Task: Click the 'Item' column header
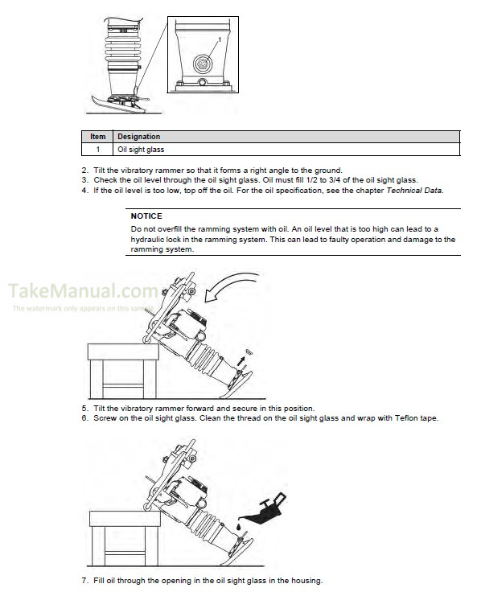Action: [x=98, y=137]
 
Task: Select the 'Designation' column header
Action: [x=138, y=137]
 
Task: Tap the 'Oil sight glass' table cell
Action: [x=141, y=150]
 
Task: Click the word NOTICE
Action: [x=146, y=216]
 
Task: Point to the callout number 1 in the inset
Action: [x=220, y=39]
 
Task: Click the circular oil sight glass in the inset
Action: [x=203, y=63]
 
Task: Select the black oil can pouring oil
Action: [x=265, y=510]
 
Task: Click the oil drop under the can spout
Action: [x=239, y=526]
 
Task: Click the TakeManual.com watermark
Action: [x=83, y=290]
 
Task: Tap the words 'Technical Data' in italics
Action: [x=414, y=191]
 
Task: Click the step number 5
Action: [x=84, y=408]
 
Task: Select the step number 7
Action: [x=84, y=580]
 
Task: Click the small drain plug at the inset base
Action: [x=203, y=82]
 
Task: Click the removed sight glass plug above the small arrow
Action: [x=249, y=351]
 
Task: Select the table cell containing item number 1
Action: [x=98, y=150]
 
